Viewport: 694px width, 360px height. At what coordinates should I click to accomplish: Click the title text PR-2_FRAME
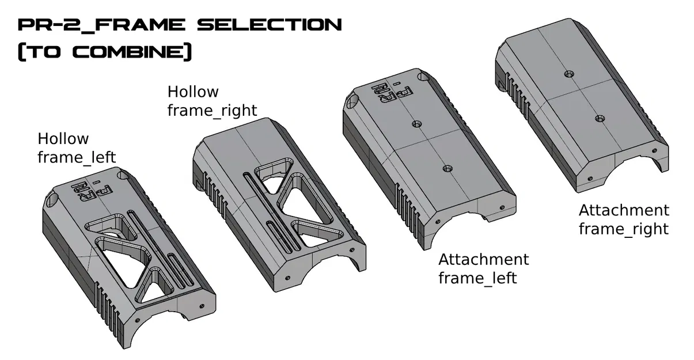click(101, 25)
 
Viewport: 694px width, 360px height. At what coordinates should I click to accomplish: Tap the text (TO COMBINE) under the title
click(104, 52)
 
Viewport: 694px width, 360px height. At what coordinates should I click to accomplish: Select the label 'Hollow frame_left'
click(76, 148)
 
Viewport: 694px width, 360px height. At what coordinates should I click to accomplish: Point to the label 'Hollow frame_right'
click(211, 101)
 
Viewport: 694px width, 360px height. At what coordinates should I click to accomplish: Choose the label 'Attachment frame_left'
click(483, 268)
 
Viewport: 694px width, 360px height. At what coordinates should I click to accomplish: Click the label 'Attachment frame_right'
click(624, 219)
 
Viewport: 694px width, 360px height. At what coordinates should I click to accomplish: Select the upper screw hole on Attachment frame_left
click(415, 124)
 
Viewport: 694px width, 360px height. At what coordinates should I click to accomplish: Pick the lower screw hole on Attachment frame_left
click(446, 168)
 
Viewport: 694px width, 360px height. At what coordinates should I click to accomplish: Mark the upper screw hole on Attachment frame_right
click(569, 74)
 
